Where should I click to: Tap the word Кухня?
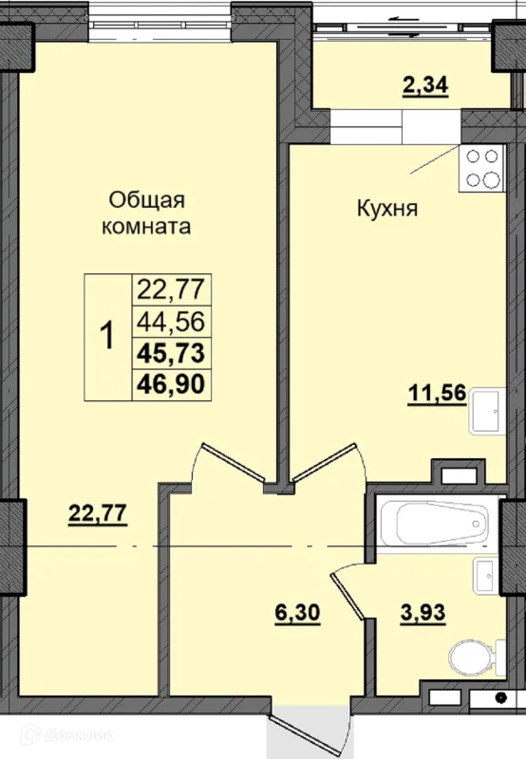[387, 209]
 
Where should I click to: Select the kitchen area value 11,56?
[437, 393]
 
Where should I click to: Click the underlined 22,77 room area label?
[98, 513]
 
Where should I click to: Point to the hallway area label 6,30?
[297, 613]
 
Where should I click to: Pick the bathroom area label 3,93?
[423, 613]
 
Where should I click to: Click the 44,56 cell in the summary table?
[171, 321]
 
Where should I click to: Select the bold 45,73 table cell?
[171, 352]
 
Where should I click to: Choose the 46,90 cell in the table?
[171, 384]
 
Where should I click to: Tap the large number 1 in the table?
[107, 336]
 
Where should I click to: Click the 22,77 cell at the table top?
[171, 289]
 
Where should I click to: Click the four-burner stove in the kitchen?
[482, 168]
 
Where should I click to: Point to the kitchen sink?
[487, 411]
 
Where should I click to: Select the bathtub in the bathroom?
[440, 523]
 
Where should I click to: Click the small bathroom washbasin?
[484, 575]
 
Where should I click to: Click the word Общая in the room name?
[147, 200]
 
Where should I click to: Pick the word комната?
[146, 227]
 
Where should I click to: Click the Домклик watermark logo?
[66, 734]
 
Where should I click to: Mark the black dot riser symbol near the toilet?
[501, 698]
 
